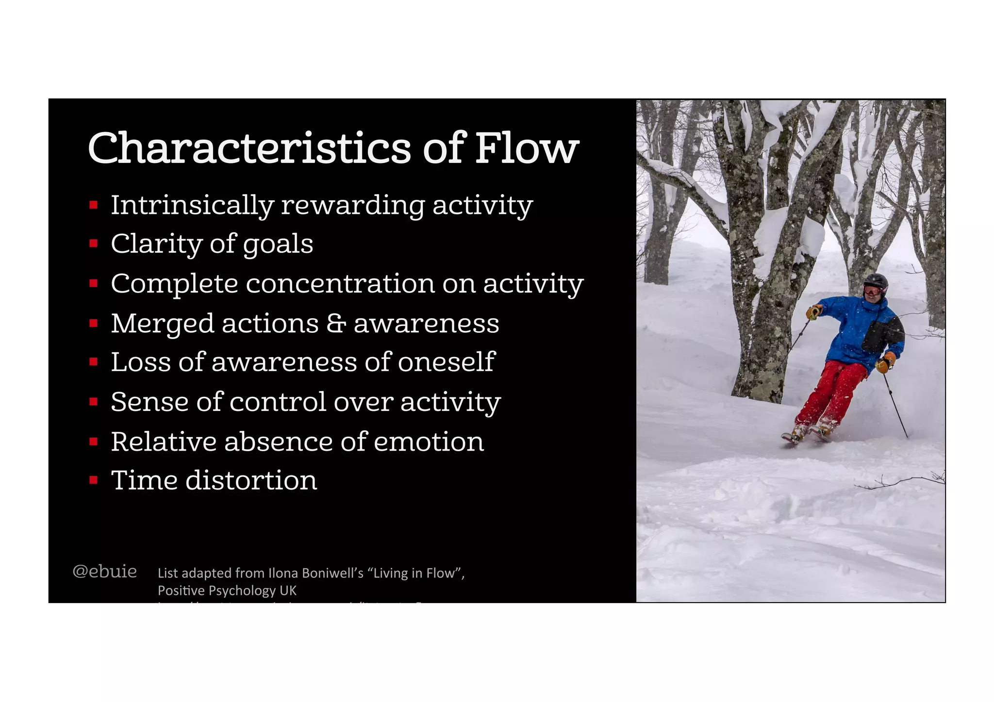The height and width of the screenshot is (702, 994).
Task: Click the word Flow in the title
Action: pos(527,148)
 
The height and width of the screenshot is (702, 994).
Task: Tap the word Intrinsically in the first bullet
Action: pos(192,205)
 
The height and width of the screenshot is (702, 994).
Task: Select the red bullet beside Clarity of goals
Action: pos(94,244)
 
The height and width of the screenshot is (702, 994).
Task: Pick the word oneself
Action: pos(446,362)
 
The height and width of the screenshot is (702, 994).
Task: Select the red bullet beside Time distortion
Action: pos(94,480)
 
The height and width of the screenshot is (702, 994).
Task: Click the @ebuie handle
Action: pos(104,571)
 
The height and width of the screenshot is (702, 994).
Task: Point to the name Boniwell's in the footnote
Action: pos(333,573)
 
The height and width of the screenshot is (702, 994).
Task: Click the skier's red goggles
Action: pos(873,291)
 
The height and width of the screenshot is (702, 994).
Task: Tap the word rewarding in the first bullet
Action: pos(353,205)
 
